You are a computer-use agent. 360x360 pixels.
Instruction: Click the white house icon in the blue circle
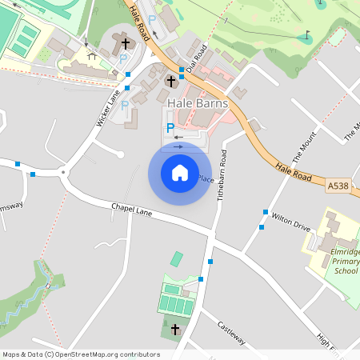[x=180, y=173]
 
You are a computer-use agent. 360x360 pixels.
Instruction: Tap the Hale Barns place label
[x=198, y=104]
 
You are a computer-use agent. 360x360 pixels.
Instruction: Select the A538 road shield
[x=338, y=186]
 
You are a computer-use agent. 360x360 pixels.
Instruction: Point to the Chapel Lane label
[x=131, y=210]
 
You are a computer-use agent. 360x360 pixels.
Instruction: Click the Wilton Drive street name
[x=290, y=222]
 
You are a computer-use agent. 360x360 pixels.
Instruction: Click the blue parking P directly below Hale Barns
[x=170, y=127]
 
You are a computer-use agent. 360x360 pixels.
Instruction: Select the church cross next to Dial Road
[x=170, y=81]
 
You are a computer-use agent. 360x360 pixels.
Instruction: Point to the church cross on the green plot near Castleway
[x=175, y=329]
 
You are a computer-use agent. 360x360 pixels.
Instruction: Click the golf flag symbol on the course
[x=307, y=35]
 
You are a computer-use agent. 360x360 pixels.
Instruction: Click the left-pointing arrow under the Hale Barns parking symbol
[x=178, y=137]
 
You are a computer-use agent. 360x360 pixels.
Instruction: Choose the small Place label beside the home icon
[x=206, y=178]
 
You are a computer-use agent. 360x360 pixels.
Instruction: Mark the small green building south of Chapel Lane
[x=177, y=258]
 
